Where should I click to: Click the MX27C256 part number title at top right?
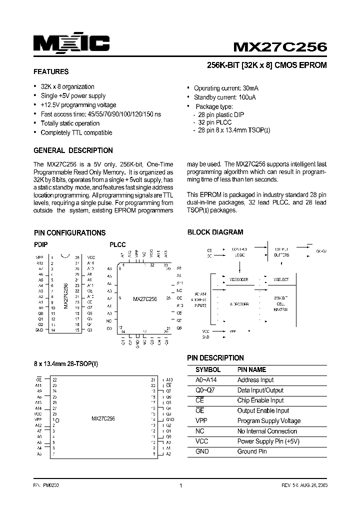click(x=280, y=47)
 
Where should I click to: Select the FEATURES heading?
click(x=50, y=71)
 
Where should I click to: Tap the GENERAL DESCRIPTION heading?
click(x=73, y=150)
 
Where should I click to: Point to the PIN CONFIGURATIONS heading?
click(x=69, y=233)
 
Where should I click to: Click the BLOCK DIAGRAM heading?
click(x=215, y=232)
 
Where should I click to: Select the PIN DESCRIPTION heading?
click(x=215, y=358)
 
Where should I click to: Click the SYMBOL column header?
click(x=207, y=370)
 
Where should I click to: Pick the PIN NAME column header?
click(x=251, y=370)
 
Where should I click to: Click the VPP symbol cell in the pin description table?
click(x=201, y=421)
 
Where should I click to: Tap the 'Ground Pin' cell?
click(x=252, y=451)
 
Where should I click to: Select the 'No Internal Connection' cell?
click(x=267, y=431)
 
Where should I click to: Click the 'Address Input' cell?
click(x=255, y=380)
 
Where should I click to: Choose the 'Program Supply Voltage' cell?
click(x=269, y=421)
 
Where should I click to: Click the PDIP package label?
click(x=41, y=245)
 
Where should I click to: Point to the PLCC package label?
click(x=117, y=245)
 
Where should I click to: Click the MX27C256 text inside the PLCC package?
click(x=145, y=298)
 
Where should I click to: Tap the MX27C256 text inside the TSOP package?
click(x=103, y=418)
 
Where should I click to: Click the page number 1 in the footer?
click(x=180, y=485)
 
